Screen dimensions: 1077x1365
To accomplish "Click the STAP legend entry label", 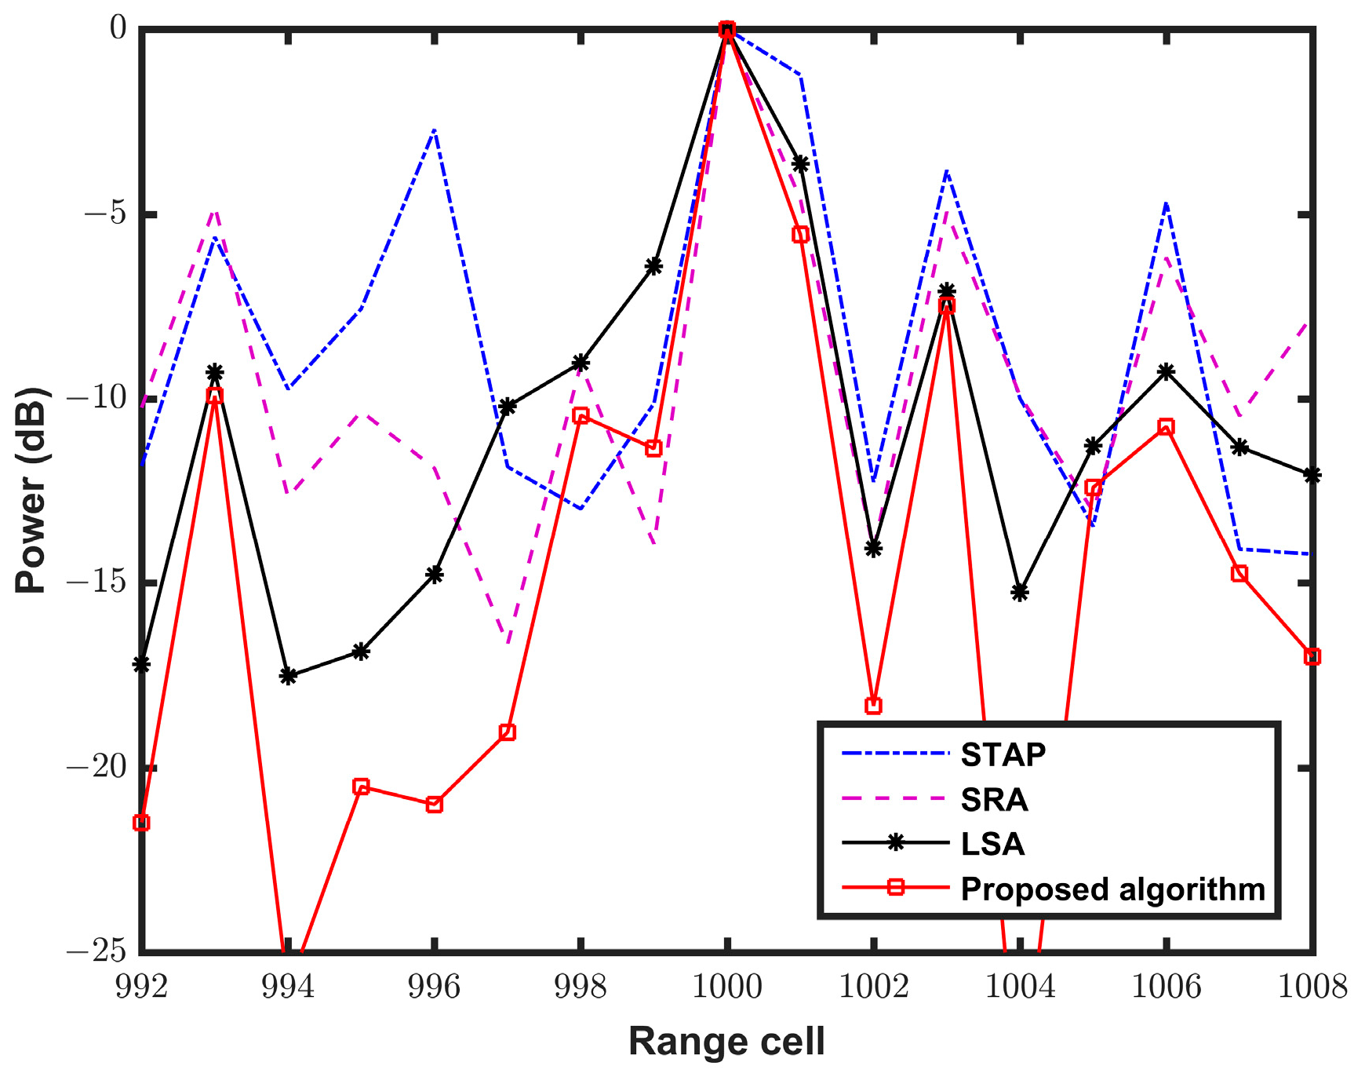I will pos(1003,754).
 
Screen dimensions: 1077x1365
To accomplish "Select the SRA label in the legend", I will pos(994,800).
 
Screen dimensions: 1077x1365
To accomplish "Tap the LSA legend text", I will pos(992,844).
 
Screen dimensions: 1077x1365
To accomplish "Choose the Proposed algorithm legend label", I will pos(1112,889).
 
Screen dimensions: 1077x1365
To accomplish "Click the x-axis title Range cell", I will pos(726,1042).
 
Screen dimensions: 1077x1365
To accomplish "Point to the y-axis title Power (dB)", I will pos(31,490).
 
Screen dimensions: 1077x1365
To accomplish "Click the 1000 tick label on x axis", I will pos(726,987).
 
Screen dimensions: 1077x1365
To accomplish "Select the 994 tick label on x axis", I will pos(287,987).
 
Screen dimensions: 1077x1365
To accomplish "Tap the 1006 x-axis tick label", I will pos(1166,987).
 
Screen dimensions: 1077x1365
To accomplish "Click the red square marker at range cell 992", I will pos(141,823).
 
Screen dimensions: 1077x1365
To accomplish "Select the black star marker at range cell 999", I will pos(653,266).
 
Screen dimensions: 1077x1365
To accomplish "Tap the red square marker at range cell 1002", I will pos(873,706).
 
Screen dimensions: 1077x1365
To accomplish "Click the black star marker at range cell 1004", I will pos(1020,592).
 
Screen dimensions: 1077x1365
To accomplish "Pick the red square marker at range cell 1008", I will pos(1312,656).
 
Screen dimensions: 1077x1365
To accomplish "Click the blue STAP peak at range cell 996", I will pos(434,130).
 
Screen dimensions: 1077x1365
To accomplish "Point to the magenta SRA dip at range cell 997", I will pos(508,642).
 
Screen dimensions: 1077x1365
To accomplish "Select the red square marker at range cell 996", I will pos(434,804).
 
